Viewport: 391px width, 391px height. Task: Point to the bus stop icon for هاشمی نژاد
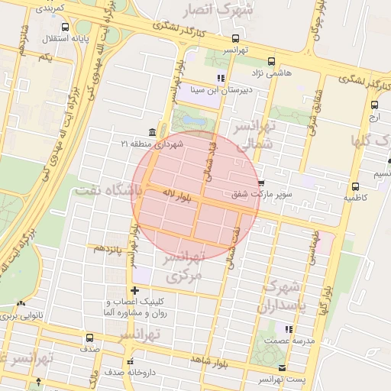(272, 61)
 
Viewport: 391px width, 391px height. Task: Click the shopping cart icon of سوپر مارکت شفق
(261, 183)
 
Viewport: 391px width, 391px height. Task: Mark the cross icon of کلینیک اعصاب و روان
(135, 290)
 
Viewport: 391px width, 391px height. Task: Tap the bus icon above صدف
(90, 337)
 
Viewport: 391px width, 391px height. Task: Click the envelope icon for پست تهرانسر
(282, 368)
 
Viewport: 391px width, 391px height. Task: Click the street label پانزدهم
(108, 248)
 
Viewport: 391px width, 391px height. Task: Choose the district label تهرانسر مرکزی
(186, 267)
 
